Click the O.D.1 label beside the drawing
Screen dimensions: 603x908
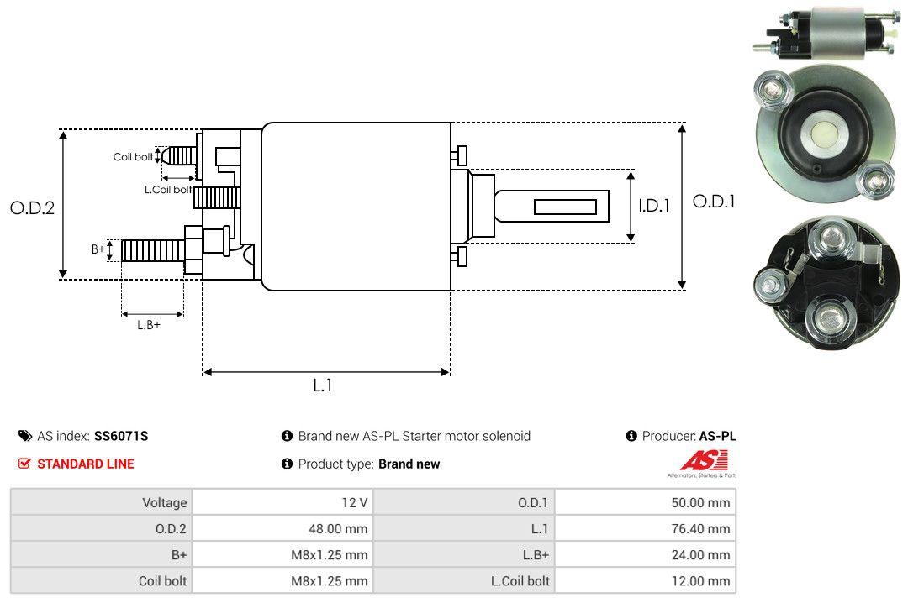tap(714, 202)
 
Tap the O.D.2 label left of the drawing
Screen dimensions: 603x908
tap(32, 207)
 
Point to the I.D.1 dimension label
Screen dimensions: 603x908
tap(653, 205)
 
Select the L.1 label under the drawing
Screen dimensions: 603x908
tap(324, 385)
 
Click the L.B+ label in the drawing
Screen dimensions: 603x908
tap(148, 324)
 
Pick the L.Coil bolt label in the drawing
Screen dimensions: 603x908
tap(168, 190)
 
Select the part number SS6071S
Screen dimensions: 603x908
tap(121, 436)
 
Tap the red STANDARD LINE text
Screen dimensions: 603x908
tap(85, 464)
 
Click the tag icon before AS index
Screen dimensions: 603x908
tap(25, 436)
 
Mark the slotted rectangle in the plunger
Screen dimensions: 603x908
tap(565, 207)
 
